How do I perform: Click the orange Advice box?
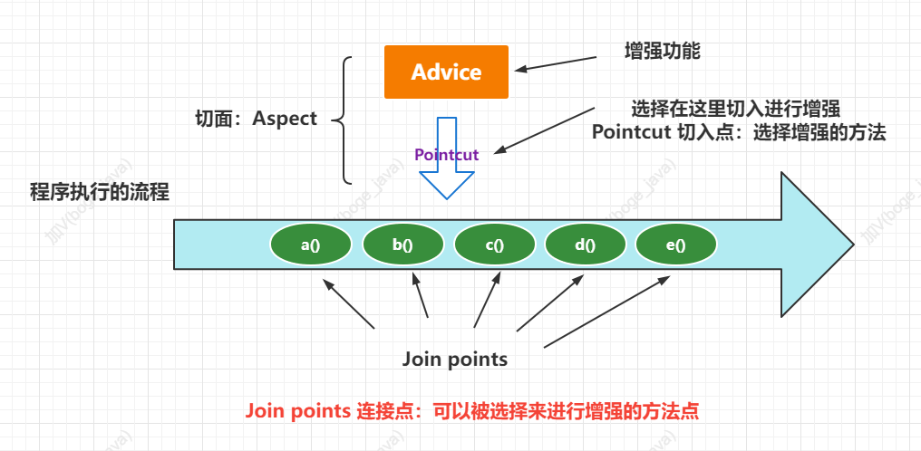pyautogui.click(x=446, y=72)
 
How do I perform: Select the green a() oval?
pyautogui.click(x=311, y=245)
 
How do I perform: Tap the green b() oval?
pyautogui.click(x=402, y=245)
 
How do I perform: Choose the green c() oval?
pyautogui.click(x=494, y=245)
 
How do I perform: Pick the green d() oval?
pyautogui.click(x=585, y=245)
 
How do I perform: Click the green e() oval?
pyautogui.click(x=676, y=245)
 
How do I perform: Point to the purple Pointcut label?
pyautogui.click(x=446, y=155)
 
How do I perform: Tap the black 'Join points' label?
pyautogui.click(x=455, y=360)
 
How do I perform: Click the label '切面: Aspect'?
pyautogui.click(x=257, y=119)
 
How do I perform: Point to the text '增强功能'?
pyautogui.click(x=663, y=51)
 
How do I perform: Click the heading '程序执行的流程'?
pyautogui.click(x=100, y=192)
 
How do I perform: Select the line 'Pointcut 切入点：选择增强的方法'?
pyautogui.click(x=739, y=132)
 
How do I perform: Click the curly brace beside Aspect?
pyautogui.click(x=342, y=119)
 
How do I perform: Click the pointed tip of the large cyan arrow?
pyautogui.click(x=850, y=244)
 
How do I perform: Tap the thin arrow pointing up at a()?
pyautogui.click(x=348, y=303)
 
